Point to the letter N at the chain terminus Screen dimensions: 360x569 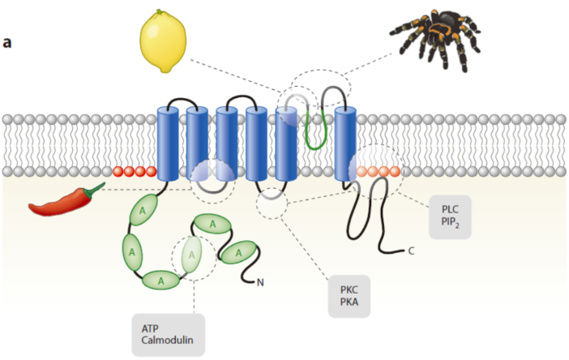click(260, 282)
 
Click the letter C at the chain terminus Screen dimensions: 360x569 click(411, 251)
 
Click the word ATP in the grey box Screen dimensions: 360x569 click(150, 328)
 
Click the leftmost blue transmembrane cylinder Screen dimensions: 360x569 click(167, 143)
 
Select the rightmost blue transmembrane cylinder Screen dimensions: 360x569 click(345, 143)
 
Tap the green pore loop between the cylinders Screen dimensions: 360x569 click(315, 130)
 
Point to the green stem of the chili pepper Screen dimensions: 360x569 click(96, 190)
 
